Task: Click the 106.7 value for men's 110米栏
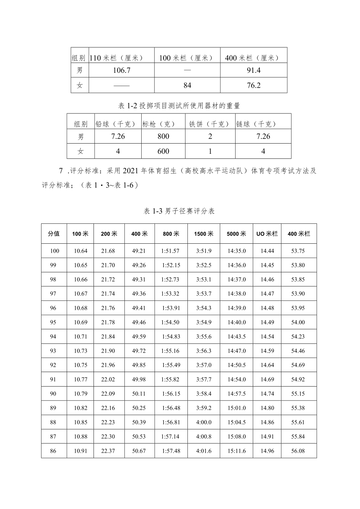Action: click(x=121, y=70)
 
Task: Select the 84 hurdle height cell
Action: click(x=187, y=85)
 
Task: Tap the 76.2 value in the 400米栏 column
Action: click(x=254, y=85)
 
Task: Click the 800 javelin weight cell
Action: click(x=164, y=137)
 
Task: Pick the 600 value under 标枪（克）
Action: click(x=164, y=151)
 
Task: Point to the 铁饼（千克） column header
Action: click(x=210, y=124)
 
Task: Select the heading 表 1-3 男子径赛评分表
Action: click(x=180, y=211)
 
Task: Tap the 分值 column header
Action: click(x=54, y=234)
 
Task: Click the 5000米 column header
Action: click(x=236, y=234)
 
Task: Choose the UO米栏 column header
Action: click(x=267, y=234)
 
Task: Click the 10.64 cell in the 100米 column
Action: click(x=81, y=251)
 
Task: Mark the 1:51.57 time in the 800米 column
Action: click(x=170, y=251)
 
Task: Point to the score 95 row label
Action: click(x=53, y=322)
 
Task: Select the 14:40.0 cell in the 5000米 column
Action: click(x=237, y=322)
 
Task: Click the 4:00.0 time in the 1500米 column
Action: click(x=203, y=423)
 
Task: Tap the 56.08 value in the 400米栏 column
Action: click(x=299, y=451)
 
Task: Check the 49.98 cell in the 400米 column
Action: click(x=139, y=380)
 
